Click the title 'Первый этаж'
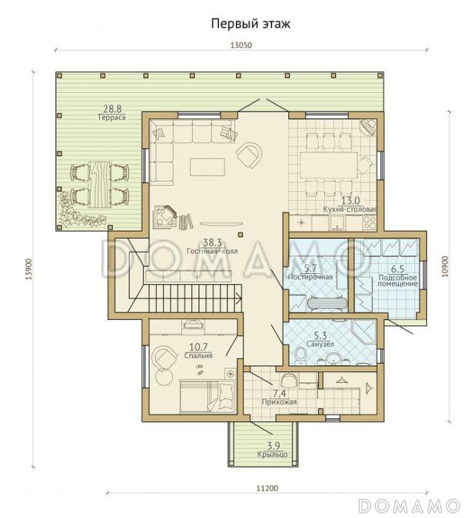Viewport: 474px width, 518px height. (x=250, y=24)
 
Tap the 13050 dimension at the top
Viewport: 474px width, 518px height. (x=241, y=45)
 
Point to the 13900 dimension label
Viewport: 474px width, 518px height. (x=30, y=269)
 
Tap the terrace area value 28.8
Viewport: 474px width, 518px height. (x=112, y=109)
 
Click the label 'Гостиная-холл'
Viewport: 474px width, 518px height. (x=212, y=252)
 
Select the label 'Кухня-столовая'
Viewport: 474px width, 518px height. (x=350, y=209)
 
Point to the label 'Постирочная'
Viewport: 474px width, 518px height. (x=310, y=277)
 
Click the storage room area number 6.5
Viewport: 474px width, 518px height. (x=397, y=269)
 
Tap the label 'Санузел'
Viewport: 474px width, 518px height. (x=320, y=345)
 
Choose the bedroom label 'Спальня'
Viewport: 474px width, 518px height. (x=198, y=355)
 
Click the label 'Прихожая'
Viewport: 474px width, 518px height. (x=279, y=402)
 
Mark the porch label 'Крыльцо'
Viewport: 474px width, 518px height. (x=272, y=454)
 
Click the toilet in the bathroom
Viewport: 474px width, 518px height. (x=301, y=356)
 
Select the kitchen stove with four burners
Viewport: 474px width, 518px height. (x=370, y=223)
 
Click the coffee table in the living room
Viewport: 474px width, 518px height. (x=207, y=167)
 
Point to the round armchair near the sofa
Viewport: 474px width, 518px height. (x=249, y=154)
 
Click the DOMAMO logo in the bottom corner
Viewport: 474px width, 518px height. (x=409, y=506)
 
